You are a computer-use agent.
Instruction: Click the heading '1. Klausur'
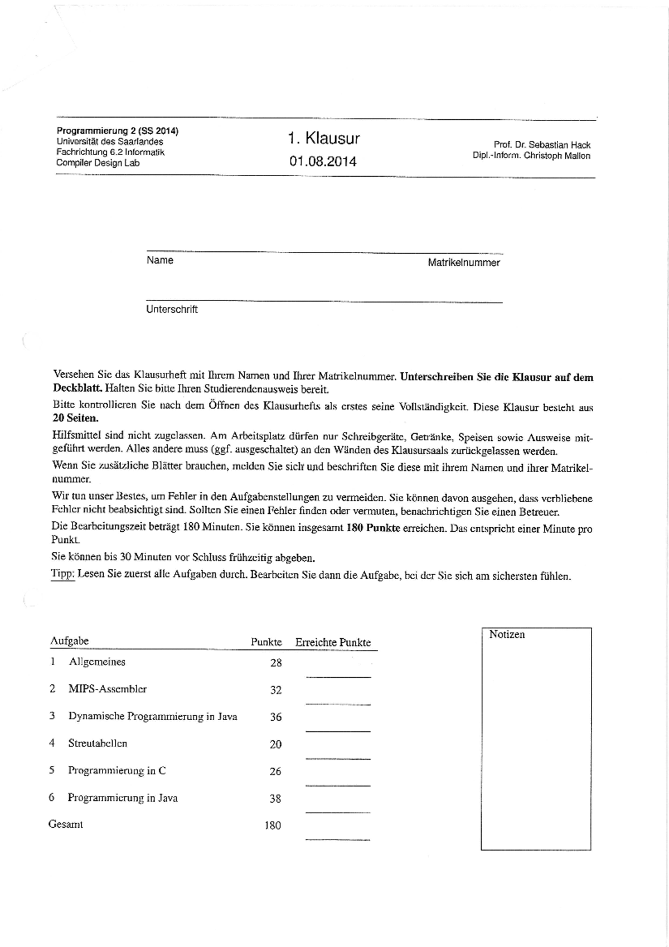pos(324,138)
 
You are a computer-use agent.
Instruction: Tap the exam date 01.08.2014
pos(323,162)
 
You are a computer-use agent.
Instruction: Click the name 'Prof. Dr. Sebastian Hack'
pos(542,145)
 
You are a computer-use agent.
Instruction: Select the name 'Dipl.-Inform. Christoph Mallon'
pos(531,156)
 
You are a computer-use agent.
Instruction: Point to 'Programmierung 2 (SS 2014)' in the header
pos(118,131)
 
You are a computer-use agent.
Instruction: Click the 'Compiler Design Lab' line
pos(98,163)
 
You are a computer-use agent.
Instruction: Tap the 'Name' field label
pos(160,260)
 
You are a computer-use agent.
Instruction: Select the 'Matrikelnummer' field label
pos(464,263)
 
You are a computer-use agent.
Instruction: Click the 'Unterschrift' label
pos(172,309)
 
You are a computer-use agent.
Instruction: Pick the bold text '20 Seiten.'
pos(75,418)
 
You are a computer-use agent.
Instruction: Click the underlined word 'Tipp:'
pos(62,574)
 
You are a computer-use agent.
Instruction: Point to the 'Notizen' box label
pos(507,634)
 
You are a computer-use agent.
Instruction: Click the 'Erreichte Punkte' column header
pos(333,642)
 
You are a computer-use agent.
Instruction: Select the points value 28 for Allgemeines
pos(276,663)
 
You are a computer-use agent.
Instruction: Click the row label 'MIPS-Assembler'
pos(108,689)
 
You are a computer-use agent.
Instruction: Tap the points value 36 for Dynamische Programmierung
pos(276,717)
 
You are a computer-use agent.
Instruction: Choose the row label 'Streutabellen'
pos(98,743)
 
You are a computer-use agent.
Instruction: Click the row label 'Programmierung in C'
pos(117,770)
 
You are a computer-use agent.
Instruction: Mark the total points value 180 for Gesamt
pos(273,825)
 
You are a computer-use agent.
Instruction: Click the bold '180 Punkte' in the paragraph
pos(373,528)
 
